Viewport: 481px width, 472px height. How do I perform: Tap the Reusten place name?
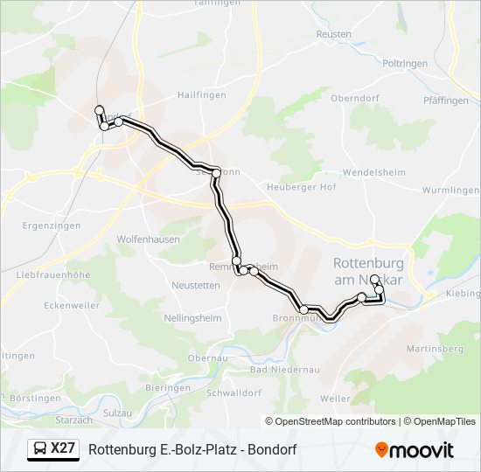[x=333, y=34]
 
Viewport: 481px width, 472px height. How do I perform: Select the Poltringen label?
[x=406, y=64]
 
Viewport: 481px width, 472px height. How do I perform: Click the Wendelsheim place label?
[x=373, y=172]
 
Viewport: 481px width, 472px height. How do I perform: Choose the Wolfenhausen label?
[x=149, y=238]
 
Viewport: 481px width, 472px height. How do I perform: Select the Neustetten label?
[x=196, y=286]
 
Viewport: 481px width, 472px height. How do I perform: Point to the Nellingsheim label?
[x=192, y=318]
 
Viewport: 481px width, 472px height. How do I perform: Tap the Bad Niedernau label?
[x=284, y=370]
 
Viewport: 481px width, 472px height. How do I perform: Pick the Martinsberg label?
[x=434, y=349]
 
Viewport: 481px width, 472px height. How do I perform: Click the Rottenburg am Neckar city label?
[x=367, y=271]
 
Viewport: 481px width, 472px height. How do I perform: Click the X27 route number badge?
[x=63, y=448]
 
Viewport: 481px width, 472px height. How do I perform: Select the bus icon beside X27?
[x=40, y=449]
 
